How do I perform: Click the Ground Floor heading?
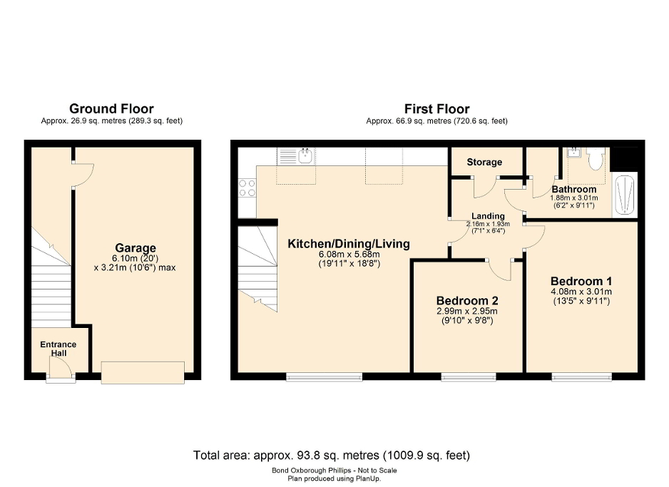point(111,109)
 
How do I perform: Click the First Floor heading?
point(436,109)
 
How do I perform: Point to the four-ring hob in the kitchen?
point(247,188)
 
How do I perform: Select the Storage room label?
point(484,163)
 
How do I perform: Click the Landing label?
point(488,216)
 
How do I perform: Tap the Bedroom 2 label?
point(467,300)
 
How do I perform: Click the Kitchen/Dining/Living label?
point(348,244)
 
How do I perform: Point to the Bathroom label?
point(573,189)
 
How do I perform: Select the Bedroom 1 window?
point(581,376)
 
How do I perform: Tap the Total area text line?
point(332,455)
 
